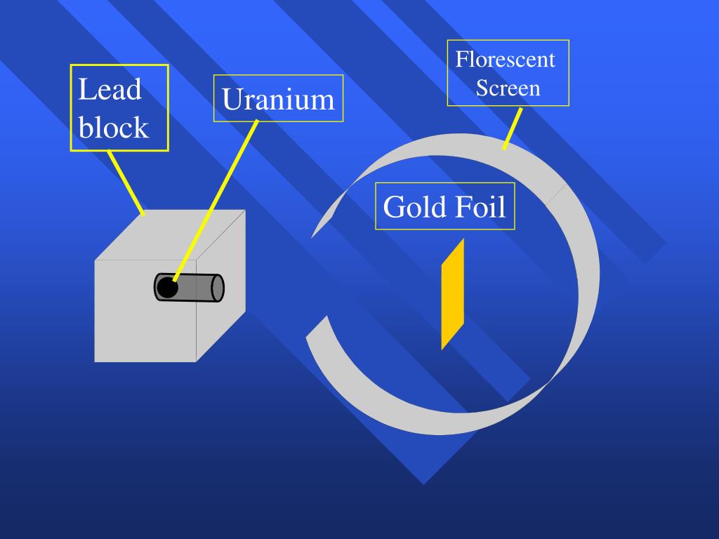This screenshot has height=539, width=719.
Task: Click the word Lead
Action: pyautogui.click(x=110, y=90)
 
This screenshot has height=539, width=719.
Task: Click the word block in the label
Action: pyautogui.click(x=113, y=128)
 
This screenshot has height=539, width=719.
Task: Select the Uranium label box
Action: pyautogui.click(x=278, y=99)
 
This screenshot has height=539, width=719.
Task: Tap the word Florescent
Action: pyautogui.click(x=505, y=59)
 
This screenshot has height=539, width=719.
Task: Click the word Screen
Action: pyautogui.click(x=508, y=88)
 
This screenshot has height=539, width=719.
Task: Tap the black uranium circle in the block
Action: pyautogui.click(x=166, y=288)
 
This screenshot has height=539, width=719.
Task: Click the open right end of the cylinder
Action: pyautogui.click(x=217, y=288)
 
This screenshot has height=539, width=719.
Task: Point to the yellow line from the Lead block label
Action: pyautogui.click(x=126, y=182)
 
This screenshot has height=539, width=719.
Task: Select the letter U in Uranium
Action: pyautogui.click(x=232, y=99)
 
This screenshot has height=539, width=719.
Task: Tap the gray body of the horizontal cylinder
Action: pyautogui.click(x=197, y=288)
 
